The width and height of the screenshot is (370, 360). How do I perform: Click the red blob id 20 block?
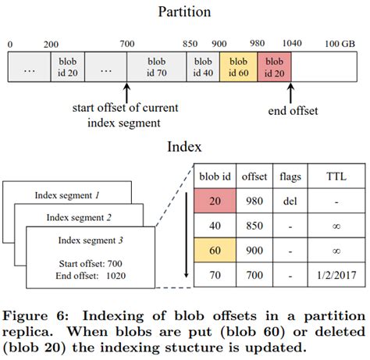(x=274, y=67)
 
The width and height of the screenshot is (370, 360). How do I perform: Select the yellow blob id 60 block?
(x=239, y=67)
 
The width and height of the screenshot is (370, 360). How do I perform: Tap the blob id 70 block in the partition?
(x=157, y=67)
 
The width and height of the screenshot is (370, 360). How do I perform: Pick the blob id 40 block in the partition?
(x=203, y=67)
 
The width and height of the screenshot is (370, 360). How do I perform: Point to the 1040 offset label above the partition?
(x=292, y=43)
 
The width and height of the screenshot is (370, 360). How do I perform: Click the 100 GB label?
(x=340, y=44)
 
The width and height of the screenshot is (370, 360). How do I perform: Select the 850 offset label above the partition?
(x=190, y=44)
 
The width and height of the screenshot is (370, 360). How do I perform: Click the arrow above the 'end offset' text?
(x=290, y=93)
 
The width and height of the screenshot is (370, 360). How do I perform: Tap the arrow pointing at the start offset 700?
(x=126, y=93)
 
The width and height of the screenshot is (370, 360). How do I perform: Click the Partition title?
(x=184, y=12)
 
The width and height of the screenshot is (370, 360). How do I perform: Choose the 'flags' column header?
(x=290, y=176)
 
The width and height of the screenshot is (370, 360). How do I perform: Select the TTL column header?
(x=336, y=176)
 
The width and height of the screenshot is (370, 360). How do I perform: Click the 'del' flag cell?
(x=290, y=201)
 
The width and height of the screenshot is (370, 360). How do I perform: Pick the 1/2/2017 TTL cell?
(x=336, y=275)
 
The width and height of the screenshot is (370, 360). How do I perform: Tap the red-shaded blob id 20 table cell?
(x=215, y=201)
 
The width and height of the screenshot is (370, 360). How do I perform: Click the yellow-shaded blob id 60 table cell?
(x=215, y=250)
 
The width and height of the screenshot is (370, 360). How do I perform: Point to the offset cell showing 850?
(x=254, y=226)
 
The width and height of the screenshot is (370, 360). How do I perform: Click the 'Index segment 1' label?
(x=67, y=195)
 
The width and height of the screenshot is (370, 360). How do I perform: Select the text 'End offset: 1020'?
(x=91, y=276)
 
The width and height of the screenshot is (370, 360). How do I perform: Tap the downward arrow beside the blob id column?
(x=186, y=235)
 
